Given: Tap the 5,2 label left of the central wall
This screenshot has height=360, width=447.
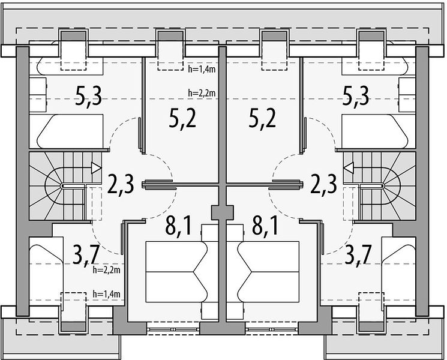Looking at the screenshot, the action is (x=183, y=119).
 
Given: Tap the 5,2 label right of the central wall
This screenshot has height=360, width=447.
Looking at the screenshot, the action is (x=262, y=119).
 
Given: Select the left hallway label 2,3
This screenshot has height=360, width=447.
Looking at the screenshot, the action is (x=121, y=184).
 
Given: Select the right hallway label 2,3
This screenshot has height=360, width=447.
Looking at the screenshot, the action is (x=324, y=184).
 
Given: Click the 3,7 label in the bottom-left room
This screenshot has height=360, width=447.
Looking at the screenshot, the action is (x=86, y=255).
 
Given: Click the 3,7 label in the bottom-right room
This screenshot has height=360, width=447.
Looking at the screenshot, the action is (x=358, y=255).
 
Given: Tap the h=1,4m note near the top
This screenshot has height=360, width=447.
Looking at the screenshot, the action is (x=202, y=69).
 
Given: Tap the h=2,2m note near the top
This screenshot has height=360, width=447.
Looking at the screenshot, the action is (x=202, y=92).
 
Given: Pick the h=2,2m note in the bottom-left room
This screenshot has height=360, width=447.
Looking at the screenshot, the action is (x=106, y=270).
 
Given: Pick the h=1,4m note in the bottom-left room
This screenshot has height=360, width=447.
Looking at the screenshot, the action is (x=106, y=294).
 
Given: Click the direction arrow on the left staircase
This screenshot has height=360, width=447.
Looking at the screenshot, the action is (x=96, y=167).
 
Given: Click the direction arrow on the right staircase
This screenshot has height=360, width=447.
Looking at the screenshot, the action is (x=349, y=167).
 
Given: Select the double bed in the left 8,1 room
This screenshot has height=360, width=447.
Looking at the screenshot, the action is (x=176, y=272).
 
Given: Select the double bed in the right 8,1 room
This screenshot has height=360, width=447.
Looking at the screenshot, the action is (x=269, y=272).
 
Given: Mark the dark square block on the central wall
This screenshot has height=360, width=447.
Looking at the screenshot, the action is (x=223, y=212).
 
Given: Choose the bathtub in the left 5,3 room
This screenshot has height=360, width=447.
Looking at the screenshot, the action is (x=70, y=131).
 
